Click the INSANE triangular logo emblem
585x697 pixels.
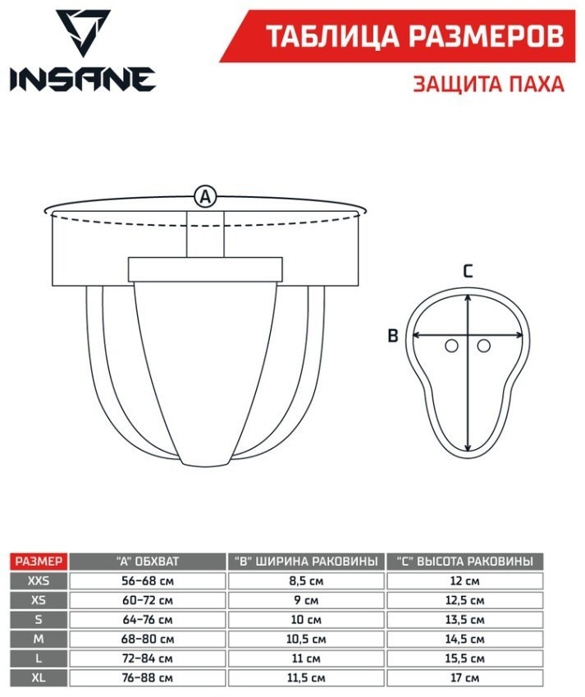pyautogui.click(x=83, y=32)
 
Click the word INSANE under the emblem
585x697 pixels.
pyautogui.click(x=83, y=80)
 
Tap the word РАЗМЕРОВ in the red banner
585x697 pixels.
pyautogui.click(x=487, y=36)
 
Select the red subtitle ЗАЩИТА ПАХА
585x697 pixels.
pyautogui.click(x=489, y=84)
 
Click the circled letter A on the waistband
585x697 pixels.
pyautogui.click(x=205, y=196)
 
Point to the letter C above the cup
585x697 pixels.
pyautogui.click(x=468, y=271)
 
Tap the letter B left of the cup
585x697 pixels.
pyautogui.click(x=393, y=335)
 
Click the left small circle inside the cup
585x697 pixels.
pyautogui.click(x=451, y=346)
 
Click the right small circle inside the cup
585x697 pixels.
pyautogui.click(x=484, y=346)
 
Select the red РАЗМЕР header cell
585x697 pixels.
pyautogui.click(x=39, y=562)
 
